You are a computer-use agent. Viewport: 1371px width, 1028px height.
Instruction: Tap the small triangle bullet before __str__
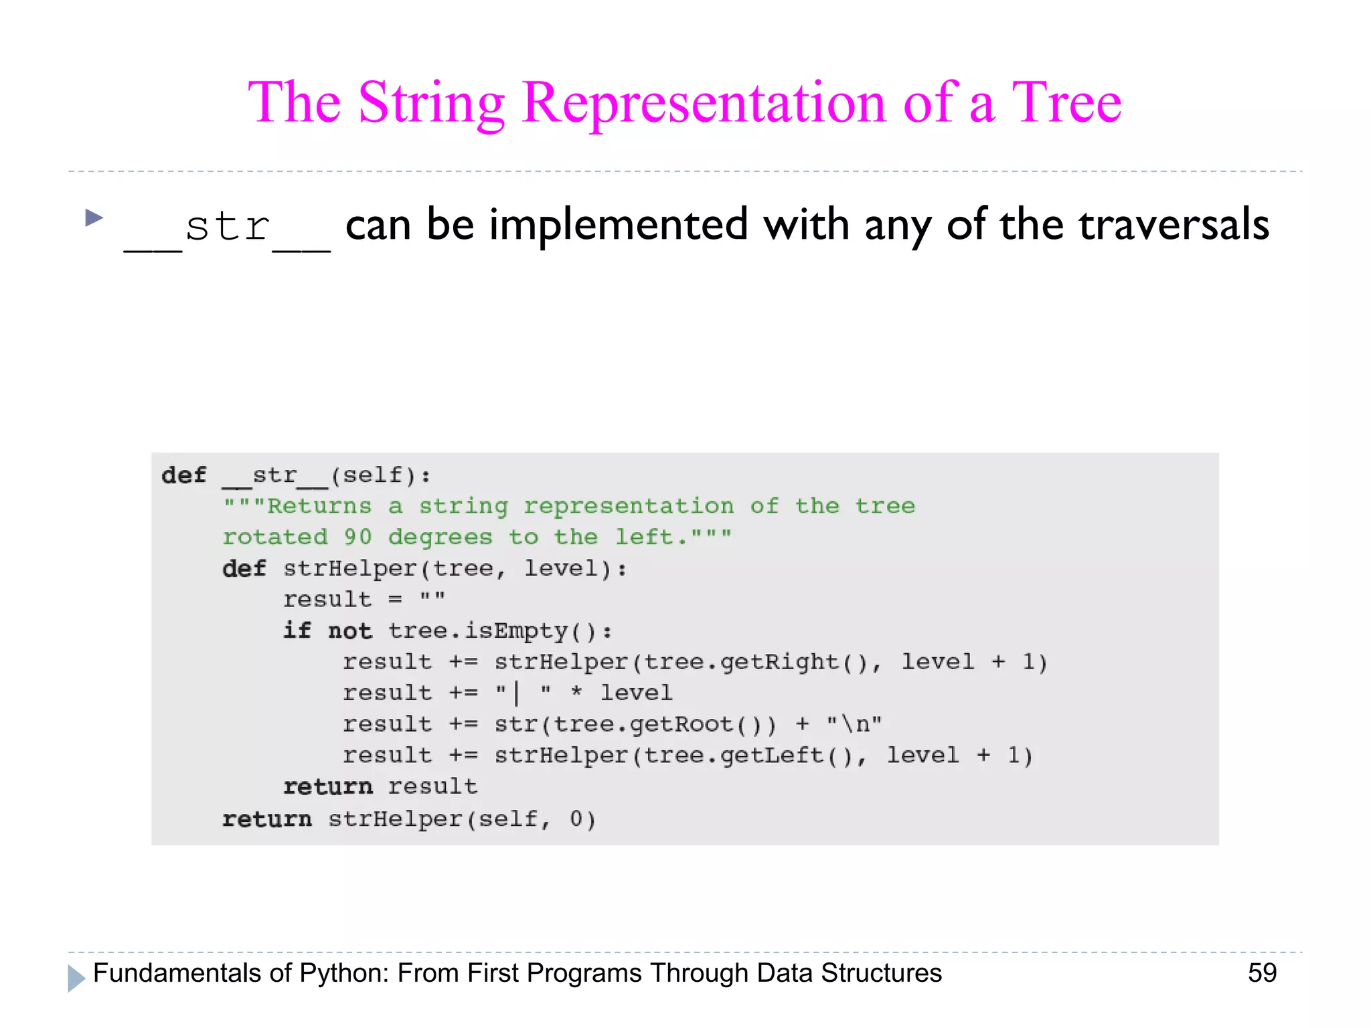pyautogui.click(x=94, y=218)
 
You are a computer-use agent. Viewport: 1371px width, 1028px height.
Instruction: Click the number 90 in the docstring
pyautogui.click(x=357, y=537)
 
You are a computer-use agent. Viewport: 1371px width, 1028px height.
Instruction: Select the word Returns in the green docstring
pyautogui.click(x=319, y=506)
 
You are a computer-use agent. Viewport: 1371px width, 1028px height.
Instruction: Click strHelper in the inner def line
pyautogui.click(x=350, y=569)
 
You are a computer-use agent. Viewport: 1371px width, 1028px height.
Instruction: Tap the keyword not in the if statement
pyautogui.click(x=349, y=631)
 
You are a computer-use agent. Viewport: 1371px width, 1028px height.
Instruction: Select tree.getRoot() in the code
pyautogui.click(x=665, y=725)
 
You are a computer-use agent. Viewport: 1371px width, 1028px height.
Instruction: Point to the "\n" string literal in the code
pyautogui.click(x=854, y=725)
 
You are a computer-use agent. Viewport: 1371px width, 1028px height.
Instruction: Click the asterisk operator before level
pyautogui.click(x=576, y=693)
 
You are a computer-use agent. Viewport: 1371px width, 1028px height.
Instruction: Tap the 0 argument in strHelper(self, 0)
pyautogui.click(x=576, y=819)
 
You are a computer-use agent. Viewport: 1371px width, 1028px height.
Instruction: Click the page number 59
pyautogui.click(x=1262, y=973)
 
